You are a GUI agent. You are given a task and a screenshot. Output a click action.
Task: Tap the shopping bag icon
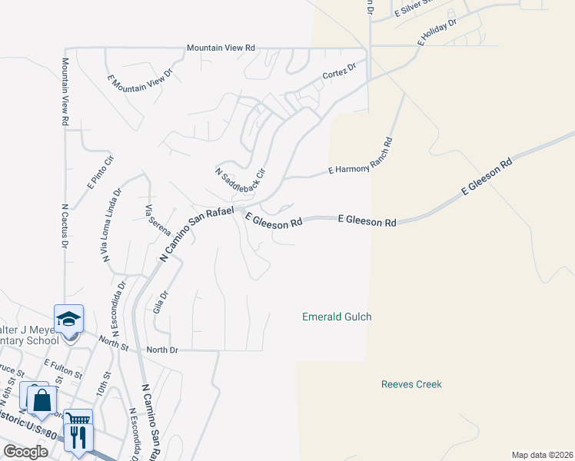point(42,400)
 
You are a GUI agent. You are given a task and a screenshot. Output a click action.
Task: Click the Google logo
point(25,452)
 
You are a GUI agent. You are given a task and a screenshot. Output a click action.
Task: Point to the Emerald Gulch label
point(337,317)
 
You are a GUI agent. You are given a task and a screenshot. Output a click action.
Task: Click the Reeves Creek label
point(411,384)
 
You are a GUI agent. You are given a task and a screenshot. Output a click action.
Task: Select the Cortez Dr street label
point(340,72)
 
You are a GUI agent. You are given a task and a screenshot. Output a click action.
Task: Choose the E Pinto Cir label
point(101,171)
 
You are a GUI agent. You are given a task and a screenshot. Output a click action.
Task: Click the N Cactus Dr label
point(65,225)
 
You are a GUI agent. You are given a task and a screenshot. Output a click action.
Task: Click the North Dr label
point(162,350)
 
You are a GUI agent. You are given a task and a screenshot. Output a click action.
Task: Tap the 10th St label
point(101,383)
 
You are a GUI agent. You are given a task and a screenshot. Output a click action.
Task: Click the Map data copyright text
point(540,455)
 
